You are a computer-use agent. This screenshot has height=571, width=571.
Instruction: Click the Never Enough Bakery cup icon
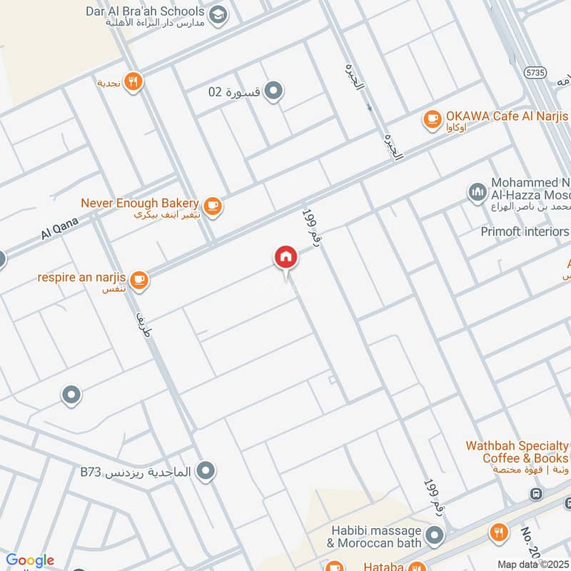coord(212,206)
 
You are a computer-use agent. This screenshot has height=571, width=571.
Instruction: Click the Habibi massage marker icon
coord(433,535)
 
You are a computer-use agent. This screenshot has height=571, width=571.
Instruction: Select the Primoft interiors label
coord(525,231)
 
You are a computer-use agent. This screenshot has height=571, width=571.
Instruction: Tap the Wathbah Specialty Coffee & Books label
coord(517,452)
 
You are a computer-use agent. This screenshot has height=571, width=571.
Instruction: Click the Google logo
coord(30,560)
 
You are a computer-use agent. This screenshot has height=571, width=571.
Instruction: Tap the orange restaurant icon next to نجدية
coord(133,82)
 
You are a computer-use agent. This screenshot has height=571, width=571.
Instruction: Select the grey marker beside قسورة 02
coord(273,91)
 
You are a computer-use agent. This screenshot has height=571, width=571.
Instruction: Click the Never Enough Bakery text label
coord(140,203)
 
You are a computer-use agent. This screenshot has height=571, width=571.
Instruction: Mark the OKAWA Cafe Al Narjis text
coord(507,116)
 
